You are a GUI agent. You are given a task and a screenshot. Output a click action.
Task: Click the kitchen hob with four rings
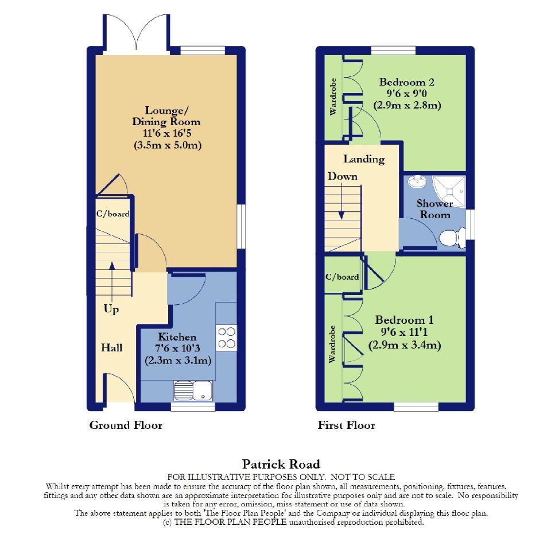click(x=227, y=337)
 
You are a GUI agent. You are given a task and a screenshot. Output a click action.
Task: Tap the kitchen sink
click(x=193, y=391)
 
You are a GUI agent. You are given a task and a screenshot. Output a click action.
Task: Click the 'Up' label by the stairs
click(x=111, y=309)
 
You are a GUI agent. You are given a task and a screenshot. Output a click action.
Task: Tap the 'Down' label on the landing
click(x=343, y=176)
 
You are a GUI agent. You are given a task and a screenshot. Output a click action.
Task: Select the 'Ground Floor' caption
click(x=126, y=425)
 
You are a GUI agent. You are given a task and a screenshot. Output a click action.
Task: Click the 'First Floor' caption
click(x=346, y=425)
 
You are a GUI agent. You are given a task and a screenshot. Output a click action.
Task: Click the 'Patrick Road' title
click(x=281, y=464)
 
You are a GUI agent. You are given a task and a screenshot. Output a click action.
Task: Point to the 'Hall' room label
click(x=111, y=347)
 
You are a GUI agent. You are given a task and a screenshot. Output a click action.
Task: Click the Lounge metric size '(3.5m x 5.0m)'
click(x=167, y=145)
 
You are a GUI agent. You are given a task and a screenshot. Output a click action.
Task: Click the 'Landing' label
click(x=364, y=159)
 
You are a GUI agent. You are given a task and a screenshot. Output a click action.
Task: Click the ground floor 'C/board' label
click(x=112, y=214)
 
